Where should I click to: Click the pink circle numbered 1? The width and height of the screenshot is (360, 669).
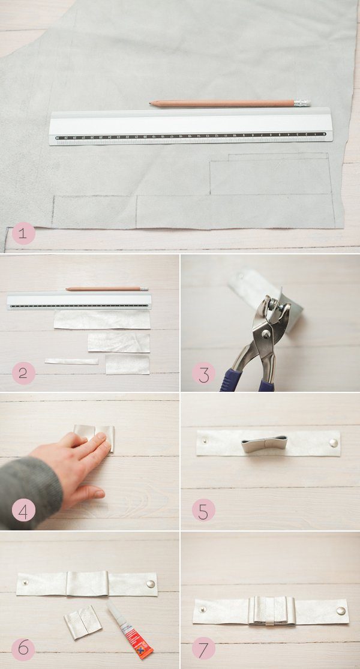tap(23, 233)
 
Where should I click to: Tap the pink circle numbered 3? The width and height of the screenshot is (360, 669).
tap(203, 374)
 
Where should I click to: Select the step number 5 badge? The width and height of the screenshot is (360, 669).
tap(203, 511)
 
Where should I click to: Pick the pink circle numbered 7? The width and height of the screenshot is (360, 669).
tap(203, 649)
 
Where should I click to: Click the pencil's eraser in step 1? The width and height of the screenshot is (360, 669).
tap(302, 103)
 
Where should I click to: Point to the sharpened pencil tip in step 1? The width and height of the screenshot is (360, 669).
tap(152, 103)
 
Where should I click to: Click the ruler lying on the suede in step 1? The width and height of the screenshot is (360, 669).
tap(191, 127)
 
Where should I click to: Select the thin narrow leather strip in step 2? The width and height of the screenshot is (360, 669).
tap(71, 361)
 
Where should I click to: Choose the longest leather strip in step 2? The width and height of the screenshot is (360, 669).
tap(102, 319)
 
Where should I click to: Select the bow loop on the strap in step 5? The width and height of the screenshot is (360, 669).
tap(264, 444)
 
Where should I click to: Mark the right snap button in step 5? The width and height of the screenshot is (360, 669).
tap(333, 443)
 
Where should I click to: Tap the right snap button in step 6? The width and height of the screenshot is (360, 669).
tap(150, 583)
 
